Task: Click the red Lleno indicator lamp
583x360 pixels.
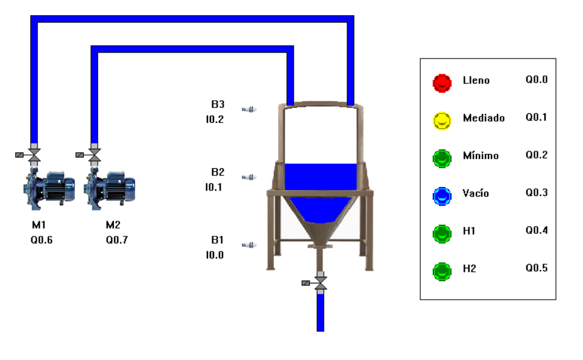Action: point(442,83)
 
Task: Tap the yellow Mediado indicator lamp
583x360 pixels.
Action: point(442,121)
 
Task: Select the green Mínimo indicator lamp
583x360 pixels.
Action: point(442,158)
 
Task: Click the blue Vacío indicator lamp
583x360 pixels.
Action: point(442,195)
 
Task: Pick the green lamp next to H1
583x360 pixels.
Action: point(442,233)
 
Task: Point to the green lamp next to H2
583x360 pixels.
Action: point(442,271)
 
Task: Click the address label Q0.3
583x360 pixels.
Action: point(536,192)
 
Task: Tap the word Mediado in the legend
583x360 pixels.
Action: point(484,118)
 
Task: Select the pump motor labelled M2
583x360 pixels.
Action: point(109,188)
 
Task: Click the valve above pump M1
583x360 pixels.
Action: point(34,155)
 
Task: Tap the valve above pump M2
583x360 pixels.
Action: point(94,155)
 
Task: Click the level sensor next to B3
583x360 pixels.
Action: point(250,109)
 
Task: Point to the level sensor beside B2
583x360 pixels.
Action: point(250,177)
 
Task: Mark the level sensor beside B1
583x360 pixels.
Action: point(250,245)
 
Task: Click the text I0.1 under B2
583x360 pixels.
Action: point(214,187)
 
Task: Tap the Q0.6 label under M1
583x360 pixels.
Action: point(42,240)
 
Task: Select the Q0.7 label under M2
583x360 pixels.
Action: point(117,240)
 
